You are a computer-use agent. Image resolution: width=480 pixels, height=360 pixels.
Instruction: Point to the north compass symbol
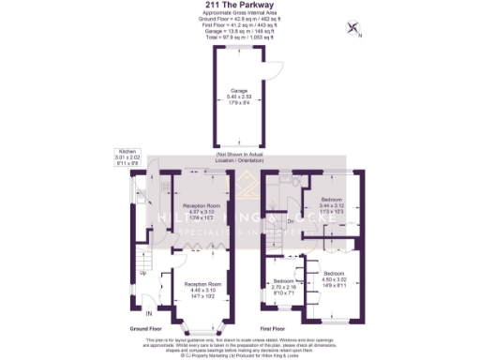pos(355,28)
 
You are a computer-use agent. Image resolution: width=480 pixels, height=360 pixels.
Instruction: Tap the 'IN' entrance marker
pos(147,311)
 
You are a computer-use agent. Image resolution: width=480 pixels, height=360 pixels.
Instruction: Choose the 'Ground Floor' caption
pos(147,329)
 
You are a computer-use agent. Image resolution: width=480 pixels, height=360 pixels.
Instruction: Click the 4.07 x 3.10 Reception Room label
pos(202,210)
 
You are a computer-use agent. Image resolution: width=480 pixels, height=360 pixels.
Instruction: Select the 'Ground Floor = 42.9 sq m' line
pos(239,19)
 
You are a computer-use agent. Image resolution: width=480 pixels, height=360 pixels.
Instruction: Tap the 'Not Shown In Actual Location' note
pos(239,156)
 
